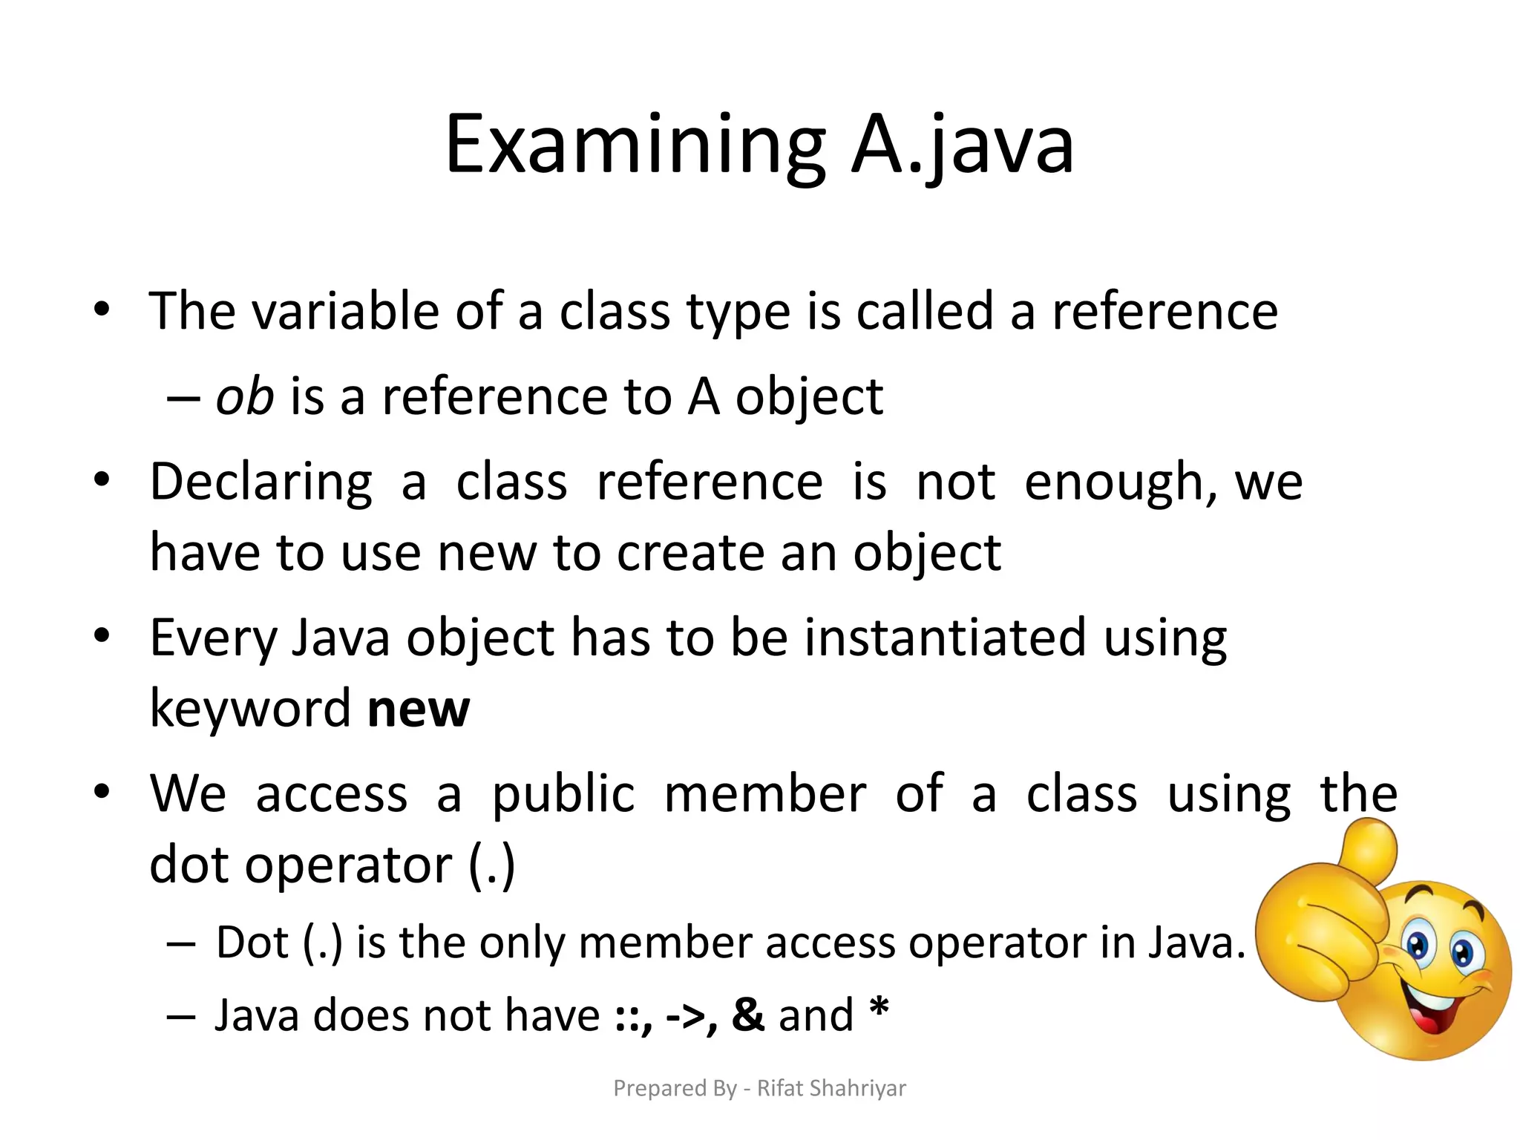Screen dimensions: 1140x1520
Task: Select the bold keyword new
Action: coord(419,709)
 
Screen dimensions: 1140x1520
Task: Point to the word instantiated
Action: coord(945,638)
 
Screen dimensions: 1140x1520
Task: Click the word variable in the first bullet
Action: coord(346,311)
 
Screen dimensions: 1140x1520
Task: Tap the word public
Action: coord(563,794)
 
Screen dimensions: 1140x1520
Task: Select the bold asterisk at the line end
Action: coord(879,1009)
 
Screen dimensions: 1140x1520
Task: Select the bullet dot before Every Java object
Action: coord(102,636)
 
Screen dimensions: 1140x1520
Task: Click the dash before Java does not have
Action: coord(181,1015)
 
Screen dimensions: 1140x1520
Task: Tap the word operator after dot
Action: coord(348,865)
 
